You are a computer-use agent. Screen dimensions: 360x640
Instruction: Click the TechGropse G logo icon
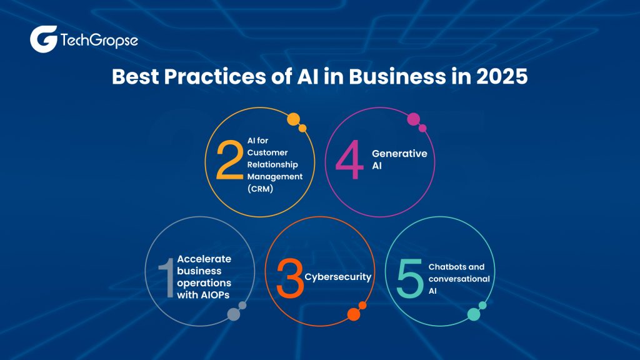43,39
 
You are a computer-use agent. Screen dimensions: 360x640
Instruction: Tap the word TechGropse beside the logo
99,41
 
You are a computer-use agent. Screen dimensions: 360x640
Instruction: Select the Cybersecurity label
337,276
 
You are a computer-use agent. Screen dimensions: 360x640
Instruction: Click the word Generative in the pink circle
395,152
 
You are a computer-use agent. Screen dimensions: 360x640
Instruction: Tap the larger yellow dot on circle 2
293,119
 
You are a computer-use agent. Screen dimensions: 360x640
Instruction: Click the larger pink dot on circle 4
413,119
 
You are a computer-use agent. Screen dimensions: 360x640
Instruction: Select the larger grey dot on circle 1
234,314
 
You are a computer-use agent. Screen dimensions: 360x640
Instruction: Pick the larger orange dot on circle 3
354,314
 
